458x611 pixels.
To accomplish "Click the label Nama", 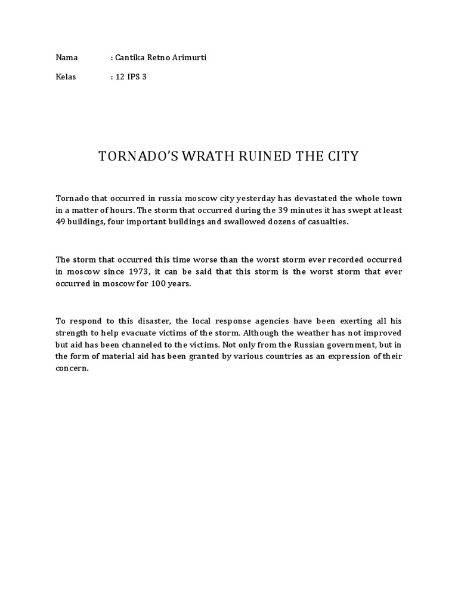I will [67, 57].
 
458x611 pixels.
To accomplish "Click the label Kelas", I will [66, 78].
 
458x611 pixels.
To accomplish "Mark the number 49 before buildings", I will [61, 221].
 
